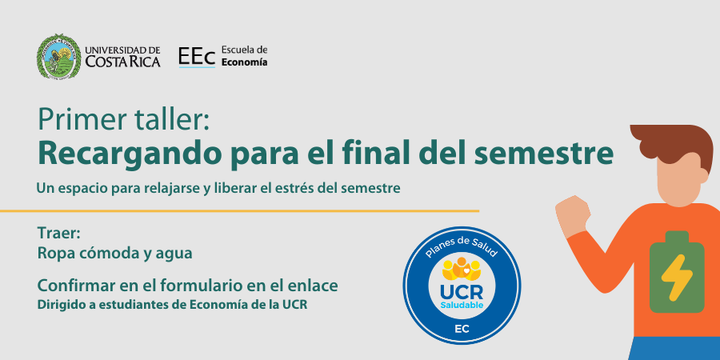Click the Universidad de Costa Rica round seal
click(58, 56)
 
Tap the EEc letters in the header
click(197, 57)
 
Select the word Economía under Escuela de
click(244, 62)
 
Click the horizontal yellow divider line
click(239, 210)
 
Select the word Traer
click(59, 234)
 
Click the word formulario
click(202, 286)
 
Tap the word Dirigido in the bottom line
click(57, 305)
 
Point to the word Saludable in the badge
click(462, 305)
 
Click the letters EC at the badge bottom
click(462, 329)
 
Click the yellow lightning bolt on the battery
click(676, 278)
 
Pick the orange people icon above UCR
click(462, 270)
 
